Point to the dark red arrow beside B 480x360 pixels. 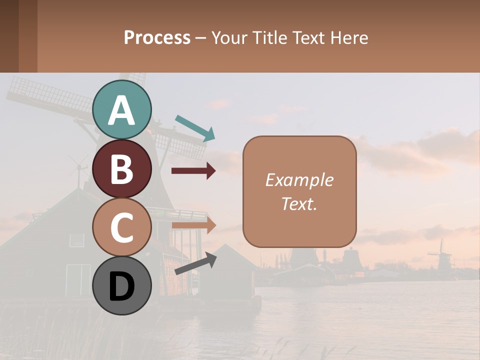[193, 171]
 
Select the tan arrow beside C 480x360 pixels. [193, 225]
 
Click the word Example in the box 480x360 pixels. [299, 180]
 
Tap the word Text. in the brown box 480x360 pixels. [299, 204]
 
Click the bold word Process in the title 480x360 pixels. [157, 37]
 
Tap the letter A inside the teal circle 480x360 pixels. [122, 111]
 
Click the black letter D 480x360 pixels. [122, 288]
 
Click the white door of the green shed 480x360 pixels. [78, 279]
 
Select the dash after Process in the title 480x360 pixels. [200, 38]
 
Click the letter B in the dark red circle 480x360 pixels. [122, 169]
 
